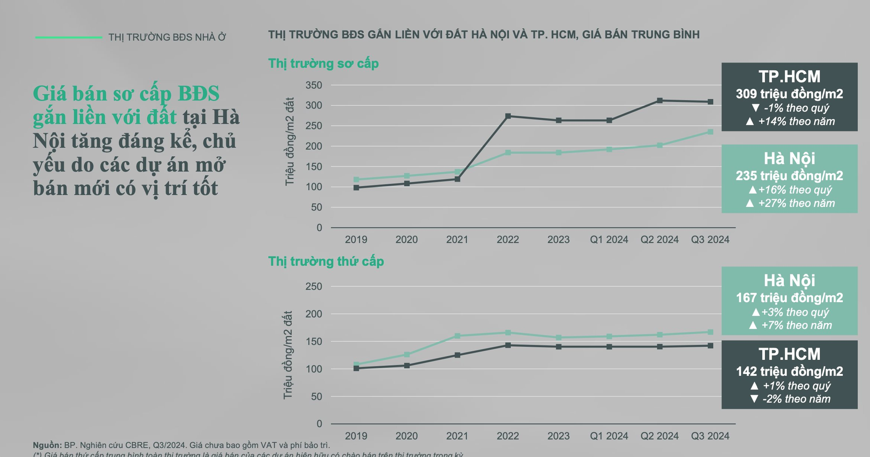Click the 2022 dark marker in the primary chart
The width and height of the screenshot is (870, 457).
(x=508, y=116)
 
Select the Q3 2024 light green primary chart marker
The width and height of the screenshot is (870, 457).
(x=710, y=132)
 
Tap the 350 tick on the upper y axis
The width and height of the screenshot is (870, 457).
(x=314, y=85)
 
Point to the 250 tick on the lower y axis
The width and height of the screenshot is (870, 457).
(x=314, y=287)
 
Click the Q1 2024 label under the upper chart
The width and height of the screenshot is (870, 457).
(x=609, y=240)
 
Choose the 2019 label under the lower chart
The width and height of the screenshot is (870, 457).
(x=356, y=436)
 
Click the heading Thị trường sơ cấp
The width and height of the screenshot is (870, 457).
(x=323, y=64)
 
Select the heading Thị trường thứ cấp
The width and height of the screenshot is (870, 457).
(x=326, y=261)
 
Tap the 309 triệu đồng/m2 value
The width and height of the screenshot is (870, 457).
(x=789, y=94)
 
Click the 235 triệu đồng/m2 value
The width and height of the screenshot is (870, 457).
(x=789, y=176)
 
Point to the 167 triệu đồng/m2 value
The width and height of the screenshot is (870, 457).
(x=789, y=298)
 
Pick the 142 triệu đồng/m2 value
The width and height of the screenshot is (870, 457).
(x=789, y=371)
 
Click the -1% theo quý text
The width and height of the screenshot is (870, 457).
(x=796, y=108)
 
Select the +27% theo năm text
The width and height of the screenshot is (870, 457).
(x=796, y=203)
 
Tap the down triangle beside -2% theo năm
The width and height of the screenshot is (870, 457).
(x=754, y=399)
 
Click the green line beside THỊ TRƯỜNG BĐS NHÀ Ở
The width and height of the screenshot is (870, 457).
(x=68, y=37)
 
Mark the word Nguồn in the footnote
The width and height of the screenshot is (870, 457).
(x=47, y=445)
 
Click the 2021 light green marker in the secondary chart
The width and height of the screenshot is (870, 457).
(x=457, y=336)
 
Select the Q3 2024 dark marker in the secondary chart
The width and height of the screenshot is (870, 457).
(x=710, y=346)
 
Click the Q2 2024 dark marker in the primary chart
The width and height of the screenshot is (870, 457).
(x=660, y=101)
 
